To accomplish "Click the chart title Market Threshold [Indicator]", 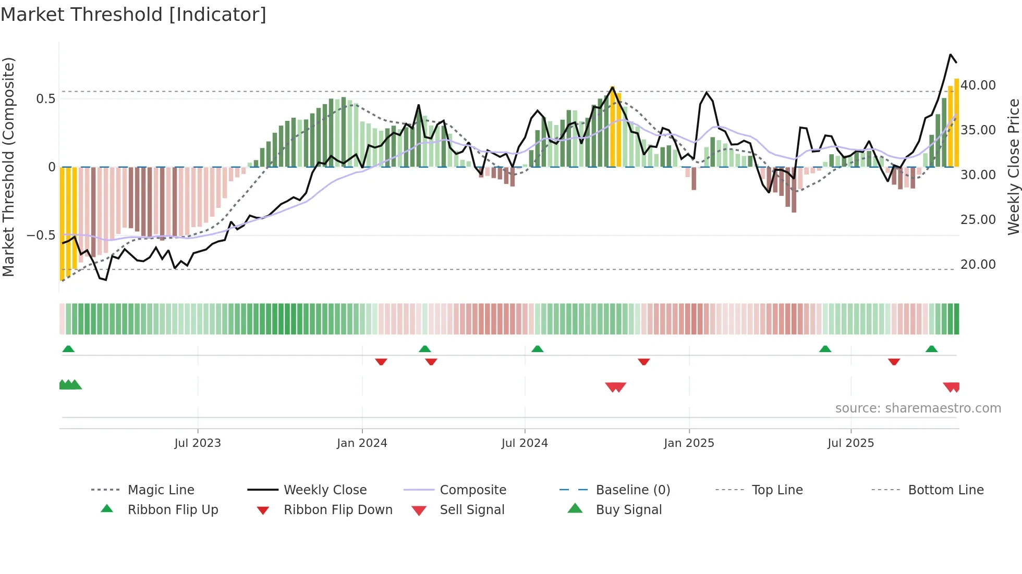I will pyautogui.click(x=133, y=15).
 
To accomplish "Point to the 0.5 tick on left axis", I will pyautogui.click(x=46, y=99).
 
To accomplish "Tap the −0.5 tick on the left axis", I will pyautogui.click(x=41, y=235).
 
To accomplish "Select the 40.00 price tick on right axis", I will pyautogui.click(x=978, y=85).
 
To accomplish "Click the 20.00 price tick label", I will pyautogui.click(x=978, y=265).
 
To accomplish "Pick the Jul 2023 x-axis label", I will pyautogui.click(x=198, y=443).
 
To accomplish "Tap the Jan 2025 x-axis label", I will pyautogui.click(x=689, y=443).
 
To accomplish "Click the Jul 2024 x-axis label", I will pyautogui.click(x=525, y=443).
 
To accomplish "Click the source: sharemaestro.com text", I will pyautogui.click(x=918, y=408).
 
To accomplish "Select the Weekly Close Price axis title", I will pyautogui.click(x=1013, y=167).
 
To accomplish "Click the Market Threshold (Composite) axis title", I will pyautogui.click(x=9, y=167).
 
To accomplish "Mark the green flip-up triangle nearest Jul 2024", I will pyautogui.click(x=538, y=349).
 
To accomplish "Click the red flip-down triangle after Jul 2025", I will pyautogui.click(x=894, y=361).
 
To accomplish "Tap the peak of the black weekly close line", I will pyautogui.click(x=951, y=54).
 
